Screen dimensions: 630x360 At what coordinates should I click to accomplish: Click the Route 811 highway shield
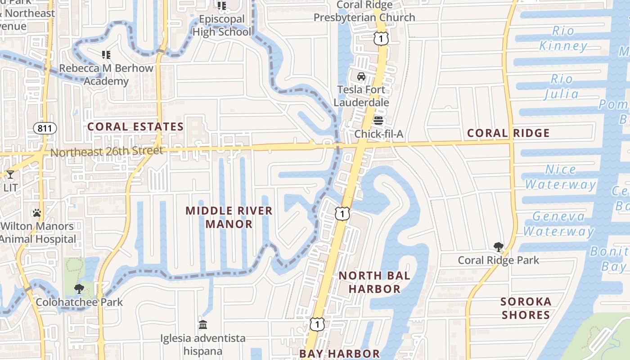coord(45,128)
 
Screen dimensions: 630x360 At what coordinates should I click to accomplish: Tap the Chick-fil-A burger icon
coord(378,121)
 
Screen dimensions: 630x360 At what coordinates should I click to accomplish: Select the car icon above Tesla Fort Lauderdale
coord(361,76)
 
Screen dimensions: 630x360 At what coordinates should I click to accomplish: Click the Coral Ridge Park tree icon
coord(498,247)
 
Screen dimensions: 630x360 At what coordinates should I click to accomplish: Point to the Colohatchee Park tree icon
coord(79,289)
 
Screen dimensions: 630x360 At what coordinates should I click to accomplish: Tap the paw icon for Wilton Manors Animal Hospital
coord(37,213)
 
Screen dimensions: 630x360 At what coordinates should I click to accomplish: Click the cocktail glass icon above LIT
coord(10,175)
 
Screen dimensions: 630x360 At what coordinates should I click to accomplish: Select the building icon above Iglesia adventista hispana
coord(203,324)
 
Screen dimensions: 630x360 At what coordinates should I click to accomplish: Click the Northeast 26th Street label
coord(106,151)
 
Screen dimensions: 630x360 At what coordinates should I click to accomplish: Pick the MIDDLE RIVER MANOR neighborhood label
coord(229,217)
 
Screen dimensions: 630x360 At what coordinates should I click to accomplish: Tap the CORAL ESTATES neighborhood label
coord(135,126)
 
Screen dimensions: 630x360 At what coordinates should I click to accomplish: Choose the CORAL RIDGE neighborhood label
coord(508,133)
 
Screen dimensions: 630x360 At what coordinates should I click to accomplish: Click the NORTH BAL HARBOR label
coord(374,282)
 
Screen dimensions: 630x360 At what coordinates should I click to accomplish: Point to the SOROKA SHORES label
coord(526,308)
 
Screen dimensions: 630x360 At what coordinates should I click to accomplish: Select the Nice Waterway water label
coord(560,177)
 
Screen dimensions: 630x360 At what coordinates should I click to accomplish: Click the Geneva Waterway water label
coord(558,224)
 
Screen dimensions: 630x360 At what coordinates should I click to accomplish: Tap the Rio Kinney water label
coord(563,38)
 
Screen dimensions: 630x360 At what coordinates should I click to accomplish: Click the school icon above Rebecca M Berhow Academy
coord(106,55)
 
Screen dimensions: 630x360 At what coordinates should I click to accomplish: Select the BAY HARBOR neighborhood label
coord(340,354)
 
